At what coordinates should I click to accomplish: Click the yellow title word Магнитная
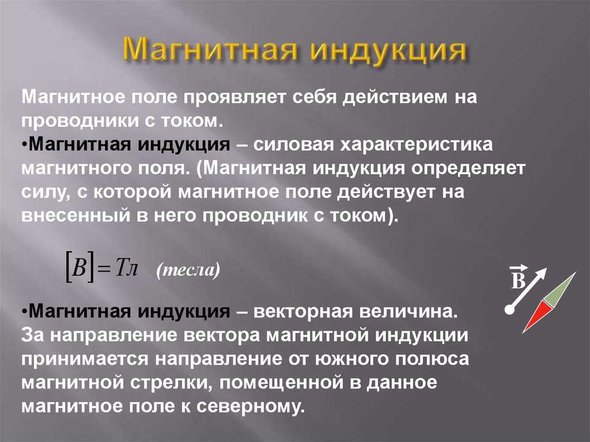tap(209, 50)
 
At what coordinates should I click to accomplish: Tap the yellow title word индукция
tap(388, 51)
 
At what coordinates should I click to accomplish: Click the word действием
tap(394, 98)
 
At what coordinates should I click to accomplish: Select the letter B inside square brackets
tap(79, 269)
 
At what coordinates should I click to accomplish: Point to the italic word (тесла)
tap(188, 270)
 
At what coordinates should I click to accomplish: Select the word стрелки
tap(173, 383)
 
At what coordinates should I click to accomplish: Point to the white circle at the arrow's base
tap(509, 309)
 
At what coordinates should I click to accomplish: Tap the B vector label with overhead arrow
tap(518, 277)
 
